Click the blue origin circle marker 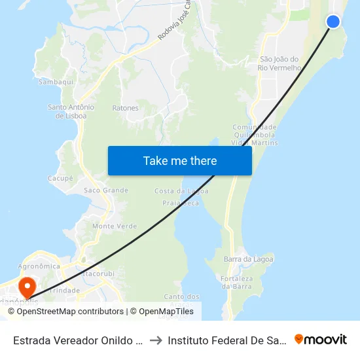pos(333,22)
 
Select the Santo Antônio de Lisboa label pos(71,111)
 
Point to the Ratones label pos(126,108)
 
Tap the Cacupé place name pos(60,178)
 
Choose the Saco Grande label pos(106,190)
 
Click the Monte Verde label pos(115,226)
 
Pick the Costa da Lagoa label pos(181,191)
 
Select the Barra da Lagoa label pos(243,259)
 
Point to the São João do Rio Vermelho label pos(279,63)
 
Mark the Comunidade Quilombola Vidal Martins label pos(255,135)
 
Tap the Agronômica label pos(39,266)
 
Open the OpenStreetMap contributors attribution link pos(70,312)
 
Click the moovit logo pos(321,340)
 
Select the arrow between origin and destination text pos(155,340)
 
